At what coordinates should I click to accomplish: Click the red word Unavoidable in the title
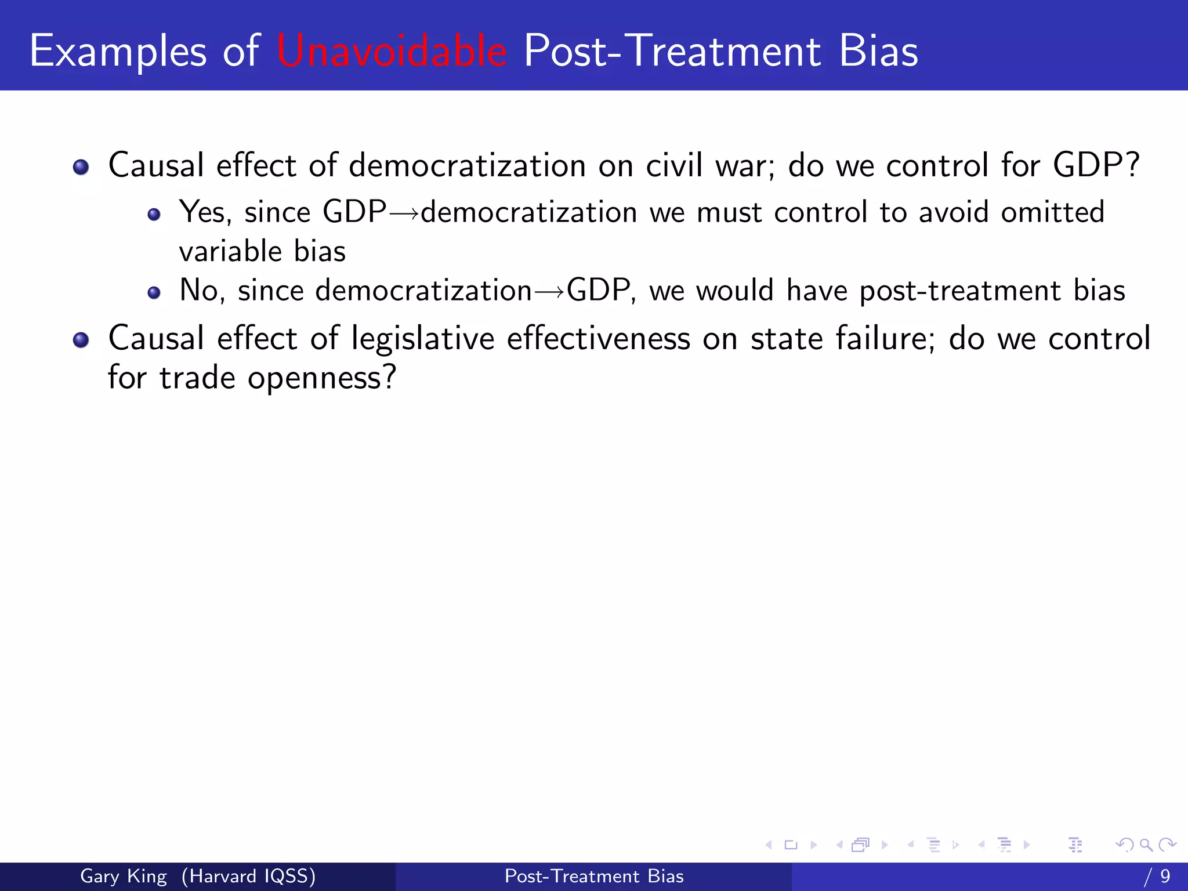[392, 51]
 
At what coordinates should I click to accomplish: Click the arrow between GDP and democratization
[403, 213]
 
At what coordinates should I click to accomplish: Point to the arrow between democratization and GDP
[549, 291]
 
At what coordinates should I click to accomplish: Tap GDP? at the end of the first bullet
[1096, 165]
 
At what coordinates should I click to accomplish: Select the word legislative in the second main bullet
[423, 339]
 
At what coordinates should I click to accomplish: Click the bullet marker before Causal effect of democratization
[81, 168]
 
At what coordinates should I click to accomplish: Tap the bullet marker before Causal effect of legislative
[81, 340]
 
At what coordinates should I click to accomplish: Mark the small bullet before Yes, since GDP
[154, 215]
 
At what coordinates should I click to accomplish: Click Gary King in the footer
[123, 876]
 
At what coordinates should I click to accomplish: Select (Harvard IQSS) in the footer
[248, 876]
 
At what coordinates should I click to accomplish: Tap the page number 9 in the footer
[1165, 876]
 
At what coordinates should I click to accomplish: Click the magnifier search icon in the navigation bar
[1146, 845]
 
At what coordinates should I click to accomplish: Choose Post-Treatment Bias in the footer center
[594, 876]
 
